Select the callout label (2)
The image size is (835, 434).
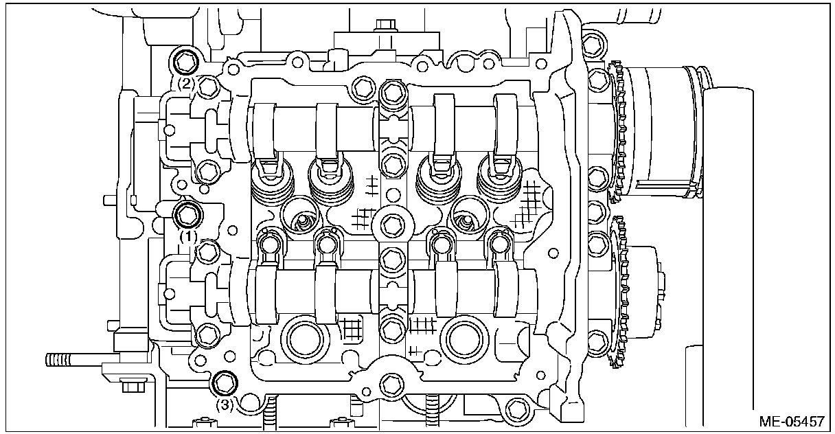click(x=187, y=84)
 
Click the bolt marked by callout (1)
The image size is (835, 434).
click(x=187, y=214)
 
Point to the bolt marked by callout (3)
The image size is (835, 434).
click(x=223, y=382)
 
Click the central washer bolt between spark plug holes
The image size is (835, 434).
click(x=391, y=224)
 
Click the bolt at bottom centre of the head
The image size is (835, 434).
click(x=391, y=385)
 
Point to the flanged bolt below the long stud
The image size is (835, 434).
click(x=130, y=386)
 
